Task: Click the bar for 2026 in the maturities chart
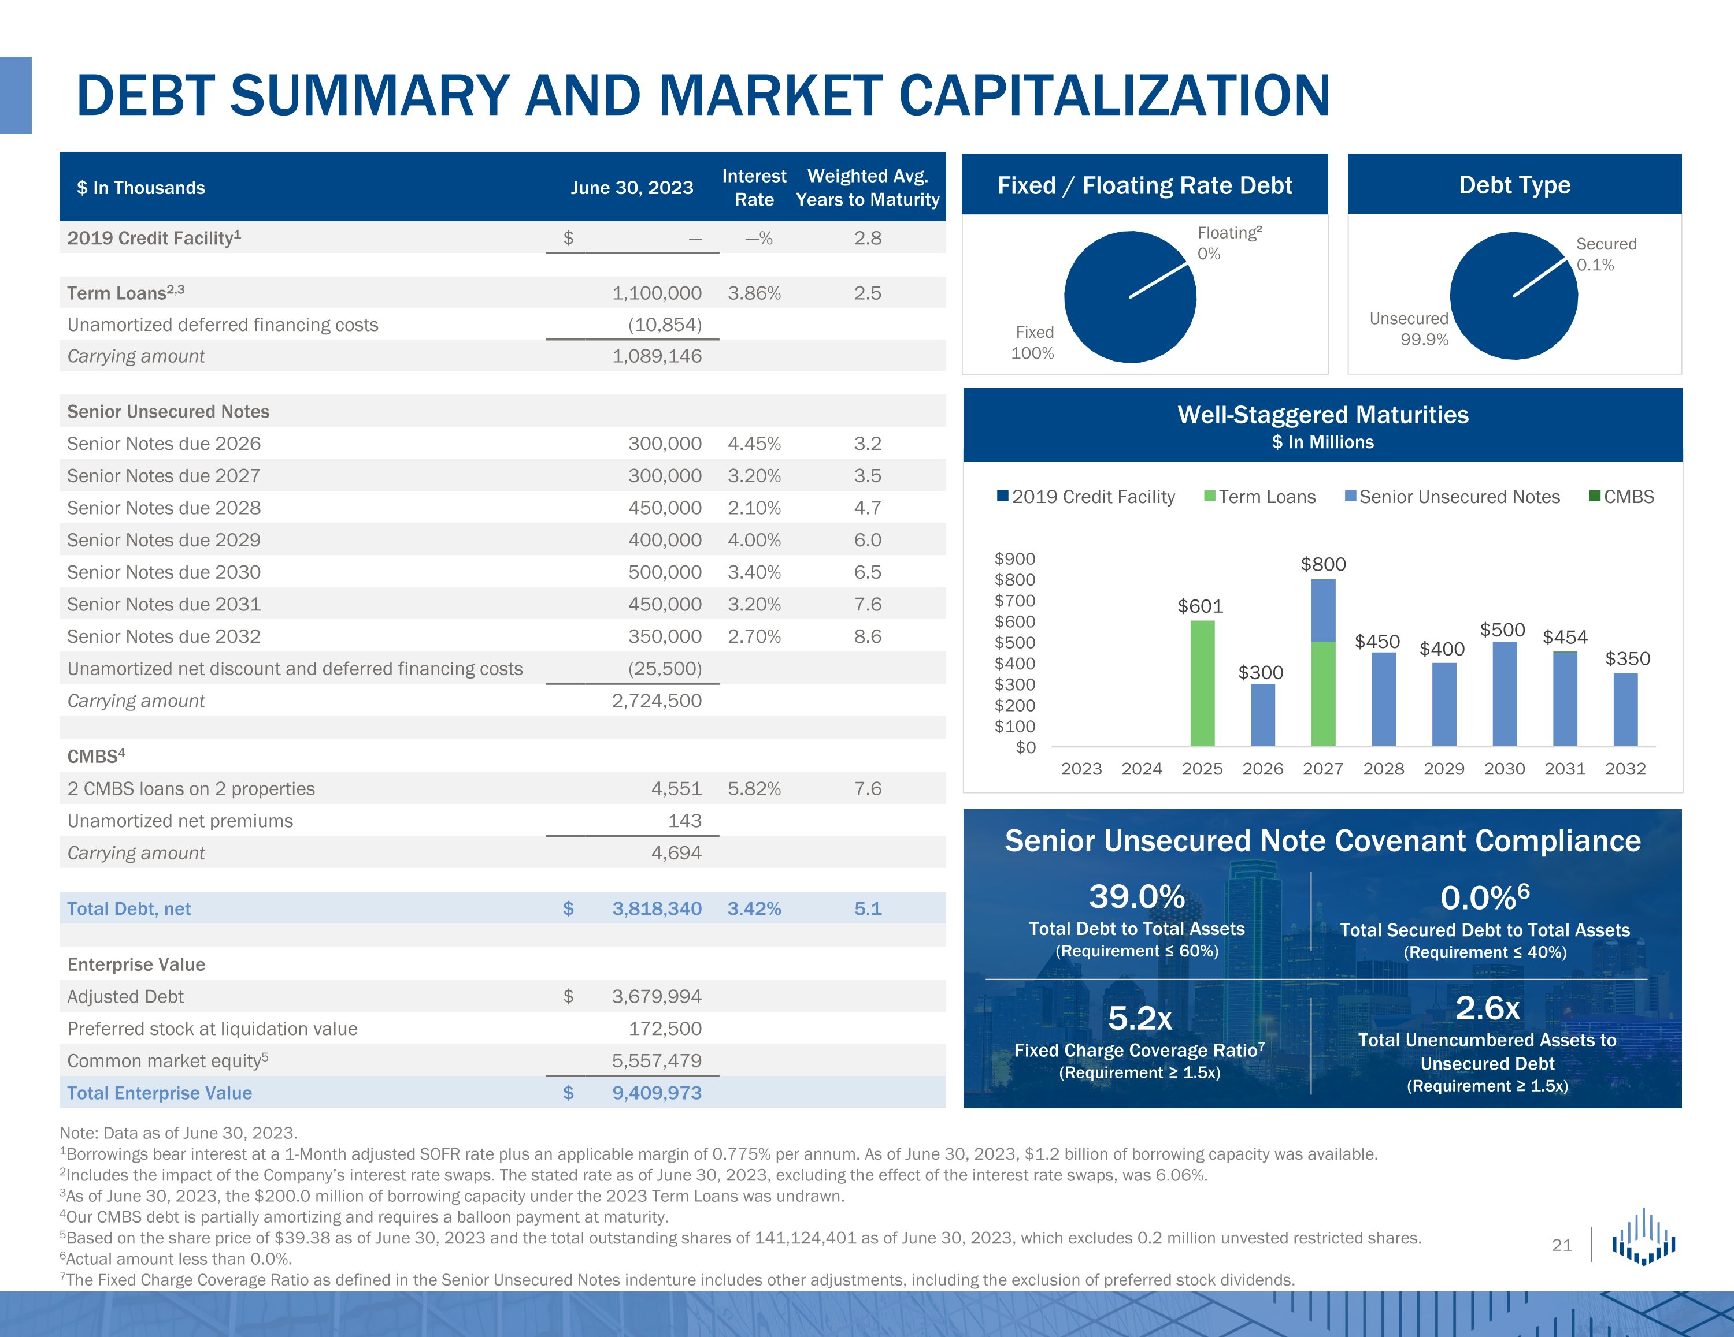[x=1262, y=714]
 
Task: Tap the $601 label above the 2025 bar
[x=1200, y=606]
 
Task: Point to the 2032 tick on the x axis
[x=1625, y=768]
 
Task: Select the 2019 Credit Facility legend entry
[x=1085, y=497]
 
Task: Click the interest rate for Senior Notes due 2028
[x=754, y=508]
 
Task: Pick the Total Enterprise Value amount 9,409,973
[x=656, y=1093]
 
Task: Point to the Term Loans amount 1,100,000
[x=656, y=293]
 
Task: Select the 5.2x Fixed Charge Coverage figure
[x=1139, y=1018]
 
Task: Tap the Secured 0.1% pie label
[x=1605, y=254]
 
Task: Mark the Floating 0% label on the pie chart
[x=1228, y=243]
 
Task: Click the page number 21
[x=1562, y=1245]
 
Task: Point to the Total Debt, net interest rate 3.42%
[x=754, y=908]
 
